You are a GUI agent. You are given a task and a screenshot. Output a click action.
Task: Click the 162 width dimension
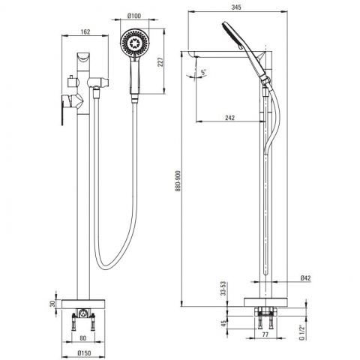[85, 31]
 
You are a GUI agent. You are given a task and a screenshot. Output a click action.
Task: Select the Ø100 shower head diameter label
[134, 16]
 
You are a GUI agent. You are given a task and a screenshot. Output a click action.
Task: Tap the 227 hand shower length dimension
[160, 62]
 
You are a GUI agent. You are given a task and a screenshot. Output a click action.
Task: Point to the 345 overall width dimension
[236, 7]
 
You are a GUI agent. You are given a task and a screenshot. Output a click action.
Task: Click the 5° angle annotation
[203, 73]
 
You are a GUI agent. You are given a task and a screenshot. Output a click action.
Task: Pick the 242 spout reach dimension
[229, 118]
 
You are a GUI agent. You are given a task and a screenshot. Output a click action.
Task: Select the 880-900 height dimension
[178, 181]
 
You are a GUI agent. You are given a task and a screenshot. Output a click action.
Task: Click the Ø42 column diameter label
[305, 278]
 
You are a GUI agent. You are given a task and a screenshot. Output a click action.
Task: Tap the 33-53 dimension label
[223, 289]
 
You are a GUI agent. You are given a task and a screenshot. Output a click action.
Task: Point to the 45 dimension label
[223, 323]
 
